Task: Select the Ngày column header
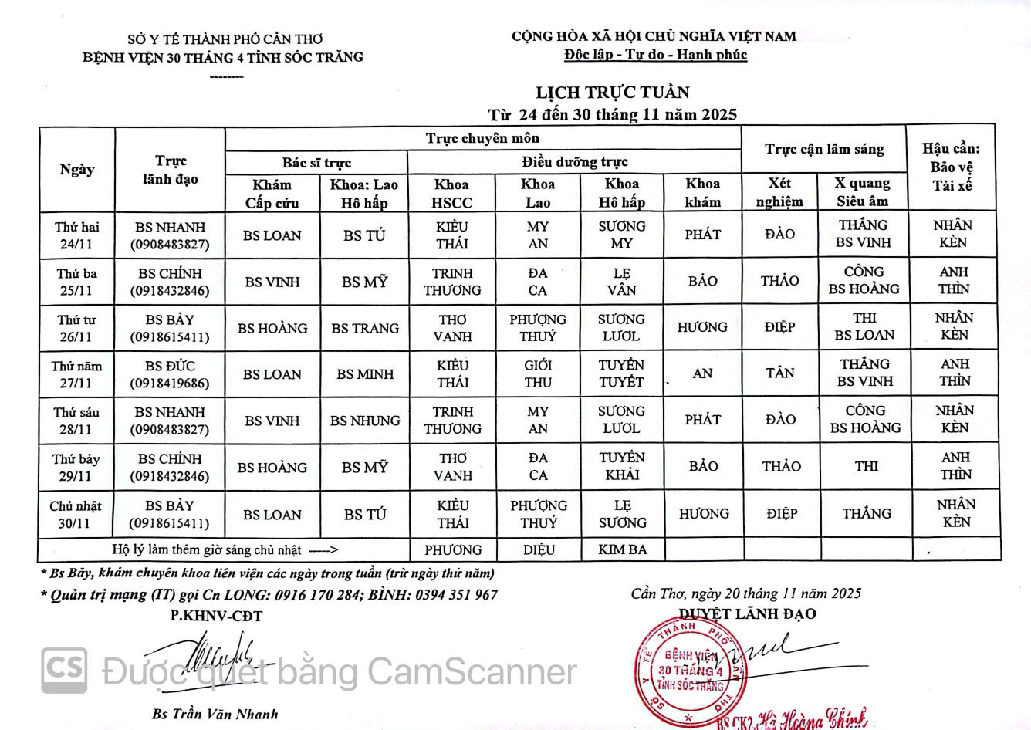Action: tap(77, 169)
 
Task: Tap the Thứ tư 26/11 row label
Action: tap(76, 328)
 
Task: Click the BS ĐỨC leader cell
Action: tap(170, 374)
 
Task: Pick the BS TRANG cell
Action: tap(365, 328)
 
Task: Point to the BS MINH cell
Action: tap(365, 374)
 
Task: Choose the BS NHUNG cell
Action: tap(365, 421)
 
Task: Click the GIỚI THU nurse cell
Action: tap(538, 373)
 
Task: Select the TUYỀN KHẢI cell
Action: tap(622, 466)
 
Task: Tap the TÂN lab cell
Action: tap(780, 373)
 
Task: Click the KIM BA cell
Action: tap(623, 550)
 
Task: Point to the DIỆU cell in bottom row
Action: tap(539, 550)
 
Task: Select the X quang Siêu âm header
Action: tap(863, 192)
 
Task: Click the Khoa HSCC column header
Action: tap(451, 193)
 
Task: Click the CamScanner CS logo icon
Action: tap(64, 668)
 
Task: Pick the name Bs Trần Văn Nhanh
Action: tap(215, 715)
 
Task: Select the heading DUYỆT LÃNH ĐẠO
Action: tap(747, 614)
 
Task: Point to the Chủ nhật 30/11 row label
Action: tap(76, 515)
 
